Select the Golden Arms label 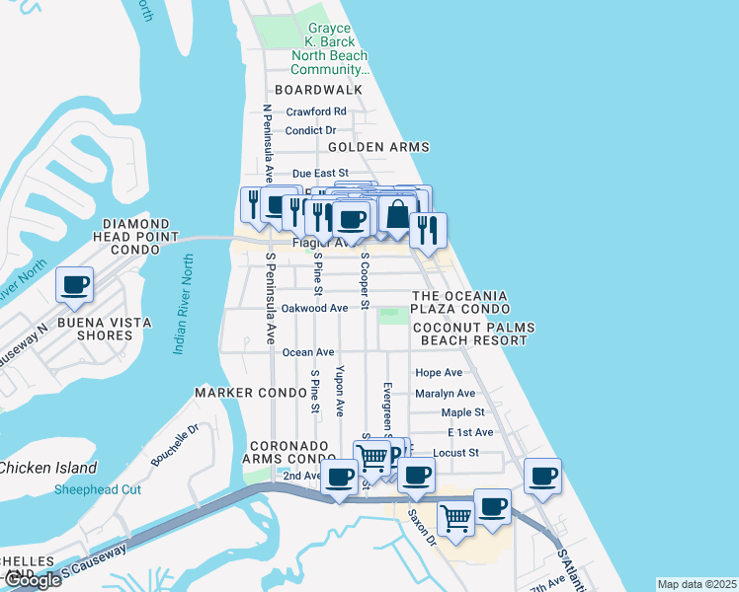pos(378,147)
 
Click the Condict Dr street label pos(310,130)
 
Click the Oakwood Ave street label pos(314,308)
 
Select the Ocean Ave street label pos(308,352)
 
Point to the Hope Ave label pos(439,373)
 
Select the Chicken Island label pos(48,468)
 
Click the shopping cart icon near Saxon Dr pos(454,515)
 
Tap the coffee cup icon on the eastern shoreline pos(541,477)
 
